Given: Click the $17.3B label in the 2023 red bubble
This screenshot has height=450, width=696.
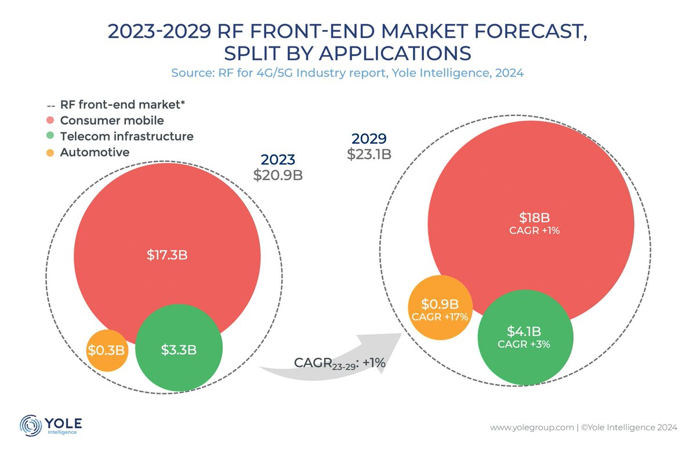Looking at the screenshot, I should point(167,255).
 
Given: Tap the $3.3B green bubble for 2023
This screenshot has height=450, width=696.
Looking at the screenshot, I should point(179,350).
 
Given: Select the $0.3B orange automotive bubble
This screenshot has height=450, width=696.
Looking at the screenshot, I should point(107,350).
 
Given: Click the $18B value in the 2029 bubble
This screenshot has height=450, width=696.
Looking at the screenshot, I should point(534,218).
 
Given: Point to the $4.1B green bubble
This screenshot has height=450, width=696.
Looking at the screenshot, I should point(524,337).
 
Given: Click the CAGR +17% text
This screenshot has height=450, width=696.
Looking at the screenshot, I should point(440,317).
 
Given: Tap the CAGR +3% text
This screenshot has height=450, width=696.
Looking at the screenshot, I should point(524,344).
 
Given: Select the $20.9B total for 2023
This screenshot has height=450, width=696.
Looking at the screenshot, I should point(278,175).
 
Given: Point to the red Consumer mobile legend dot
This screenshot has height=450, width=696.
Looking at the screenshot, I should point(50,121).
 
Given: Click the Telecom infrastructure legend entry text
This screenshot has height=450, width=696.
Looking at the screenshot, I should point(126,136).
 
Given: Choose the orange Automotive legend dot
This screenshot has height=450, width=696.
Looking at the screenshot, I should point(50,153).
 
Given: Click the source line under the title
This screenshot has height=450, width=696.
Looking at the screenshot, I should point(347,73).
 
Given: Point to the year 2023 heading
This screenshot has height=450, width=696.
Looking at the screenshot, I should point(278,160).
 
